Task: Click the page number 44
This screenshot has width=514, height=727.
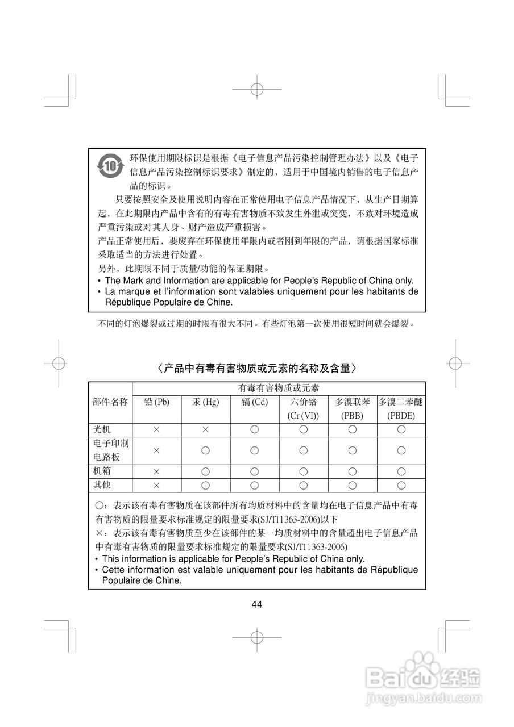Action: [x=257, y=604]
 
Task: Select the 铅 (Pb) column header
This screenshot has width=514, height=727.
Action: [x=157, y=402]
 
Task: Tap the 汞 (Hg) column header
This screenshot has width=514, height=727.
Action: [x=206, y=402]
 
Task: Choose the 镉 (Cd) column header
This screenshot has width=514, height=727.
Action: [x=255, y=402]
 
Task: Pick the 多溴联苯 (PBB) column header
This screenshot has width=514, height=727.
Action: [x=353, y=408]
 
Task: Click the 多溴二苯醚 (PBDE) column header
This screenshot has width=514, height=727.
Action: [x=401, y=408]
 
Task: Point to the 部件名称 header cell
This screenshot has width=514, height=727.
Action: [x=110, y=402]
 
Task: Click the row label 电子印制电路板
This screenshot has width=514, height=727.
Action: [x=110, y=450]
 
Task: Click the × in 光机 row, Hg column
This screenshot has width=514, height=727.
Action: [x=206, y=429]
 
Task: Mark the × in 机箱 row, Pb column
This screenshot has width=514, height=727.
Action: [x=157, y=471]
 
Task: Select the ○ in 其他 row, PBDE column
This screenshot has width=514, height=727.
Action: [x=401, y=485]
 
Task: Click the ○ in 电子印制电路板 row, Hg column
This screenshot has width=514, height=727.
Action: [x=206, y=450]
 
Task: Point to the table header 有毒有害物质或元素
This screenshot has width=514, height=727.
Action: [x=279, y=388]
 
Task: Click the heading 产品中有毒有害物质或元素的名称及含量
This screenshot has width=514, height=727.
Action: [x=257, y=368]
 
